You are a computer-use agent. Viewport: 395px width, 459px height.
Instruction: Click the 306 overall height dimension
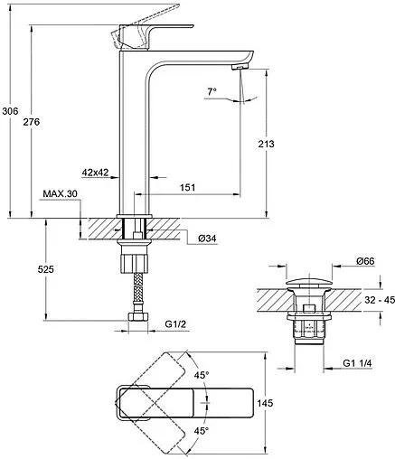[x=10, y=111]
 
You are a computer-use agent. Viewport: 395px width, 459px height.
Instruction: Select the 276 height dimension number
[x=32, y=122]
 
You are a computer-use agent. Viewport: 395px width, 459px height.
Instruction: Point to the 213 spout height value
[x=267, y=144]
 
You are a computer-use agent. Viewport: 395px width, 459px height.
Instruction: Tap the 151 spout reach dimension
[x=188, y=187]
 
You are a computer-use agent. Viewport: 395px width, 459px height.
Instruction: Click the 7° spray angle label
[x=212, y=91]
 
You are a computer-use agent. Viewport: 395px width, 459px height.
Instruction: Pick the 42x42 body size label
[x=95, y=173]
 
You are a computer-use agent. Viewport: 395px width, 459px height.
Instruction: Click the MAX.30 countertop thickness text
[x=61, y=193]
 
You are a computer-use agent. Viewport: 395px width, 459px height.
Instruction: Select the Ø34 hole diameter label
[x=207, y=239]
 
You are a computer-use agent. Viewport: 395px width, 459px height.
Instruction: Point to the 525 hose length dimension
[x=46, y=269]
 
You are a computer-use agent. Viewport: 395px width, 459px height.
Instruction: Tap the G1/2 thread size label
[x=175, y=324]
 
